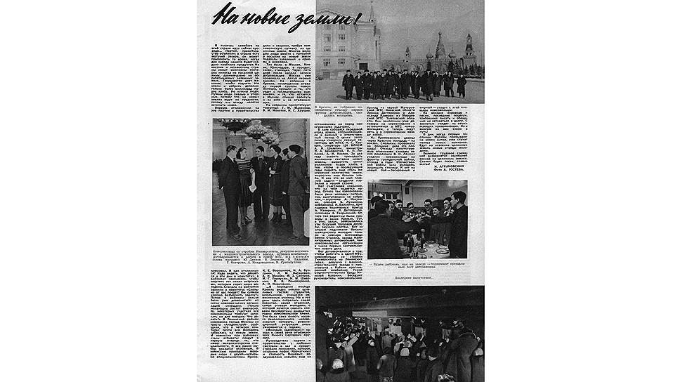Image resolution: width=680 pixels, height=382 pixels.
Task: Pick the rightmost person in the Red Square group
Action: pyautogui.click(x=462, y=85)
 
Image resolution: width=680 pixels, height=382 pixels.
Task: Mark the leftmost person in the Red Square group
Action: pyautogui.click(x=348, y=85)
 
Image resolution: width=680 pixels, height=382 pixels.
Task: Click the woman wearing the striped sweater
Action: pyautogui.click(x=245, y=179)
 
